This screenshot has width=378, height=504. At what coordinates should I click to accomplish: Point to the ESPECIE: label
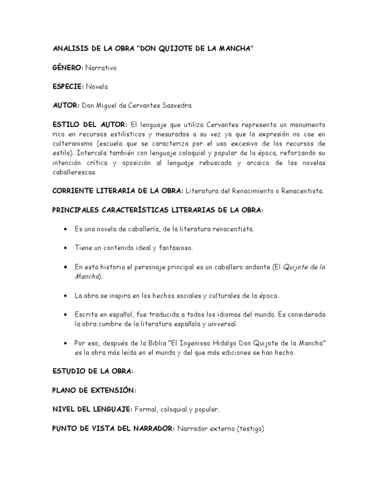pos(68,87)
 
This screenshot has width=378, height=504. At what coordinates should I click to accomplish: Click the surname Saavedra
pos(174,105)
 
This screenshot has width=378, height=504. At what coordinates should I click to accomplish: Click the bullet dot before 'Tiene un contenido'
pos(65,248)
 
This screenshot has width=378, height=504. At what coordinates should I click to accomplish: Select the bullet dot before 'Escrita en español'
pos(65,315)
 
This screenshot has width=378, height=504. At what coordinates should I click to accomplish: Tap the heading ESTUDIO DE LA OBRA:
pos(93,371)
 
